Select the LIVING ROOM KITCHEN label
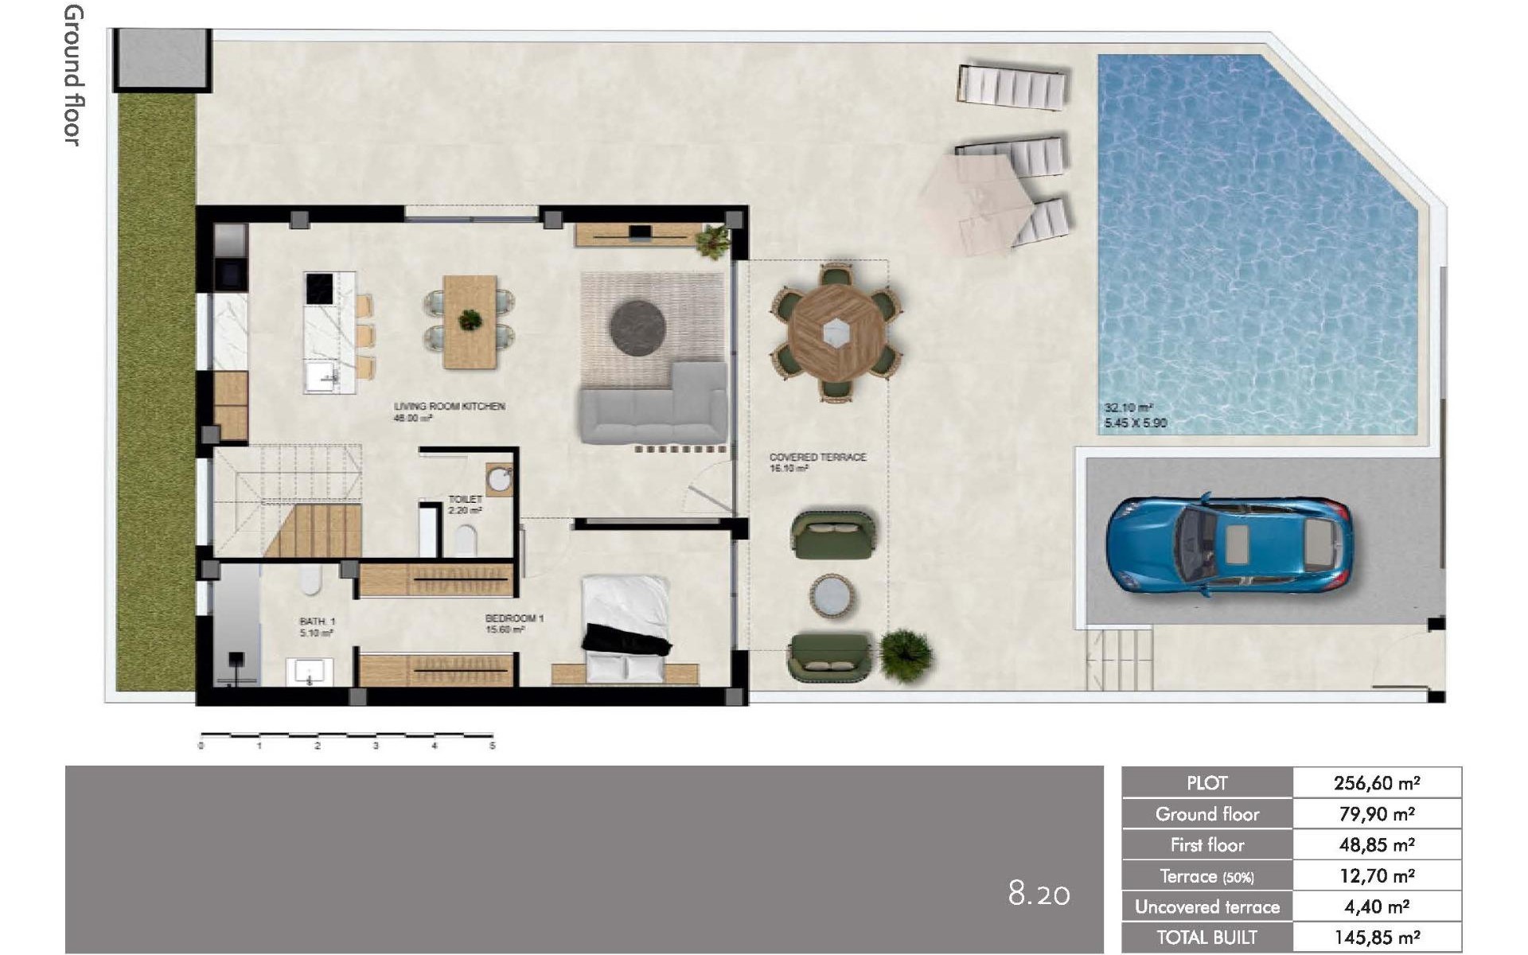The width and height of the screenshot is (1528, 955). pos(449,407)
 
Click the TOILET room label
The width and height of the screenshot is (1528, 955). pos(465,500)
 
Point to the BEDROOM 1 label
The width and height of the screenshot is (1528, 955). pos(514,618)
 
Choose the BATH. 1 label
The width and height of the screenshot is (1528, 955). pos(317,622)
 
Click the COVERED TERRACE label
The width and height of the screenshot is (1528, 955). pos(817,458)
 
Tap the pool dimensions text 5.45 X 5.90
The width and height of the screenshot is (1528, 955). pos(1136,423)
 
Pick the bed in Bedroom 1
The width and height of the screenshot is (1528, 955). pos(626,629)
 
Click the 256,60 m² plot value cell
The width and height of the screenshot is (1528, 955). pos(1377,783)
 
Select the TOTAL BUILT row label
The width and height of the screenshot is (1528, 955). pos(1206,937)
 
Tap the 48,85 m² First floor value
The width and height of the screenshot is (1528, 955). pos(1377,845)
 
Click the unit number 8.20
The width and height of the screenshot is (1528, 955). pos(1039,894)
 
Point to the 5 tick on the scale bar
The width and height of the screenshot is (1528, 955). pos(493,746)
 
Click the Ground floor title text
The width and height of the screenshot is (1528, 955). pos(73,76)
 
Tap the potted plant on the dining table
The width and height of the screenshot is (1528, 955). pos(470,320)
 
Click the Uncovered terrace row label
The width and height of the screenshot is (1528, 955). pos(1206,907)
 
